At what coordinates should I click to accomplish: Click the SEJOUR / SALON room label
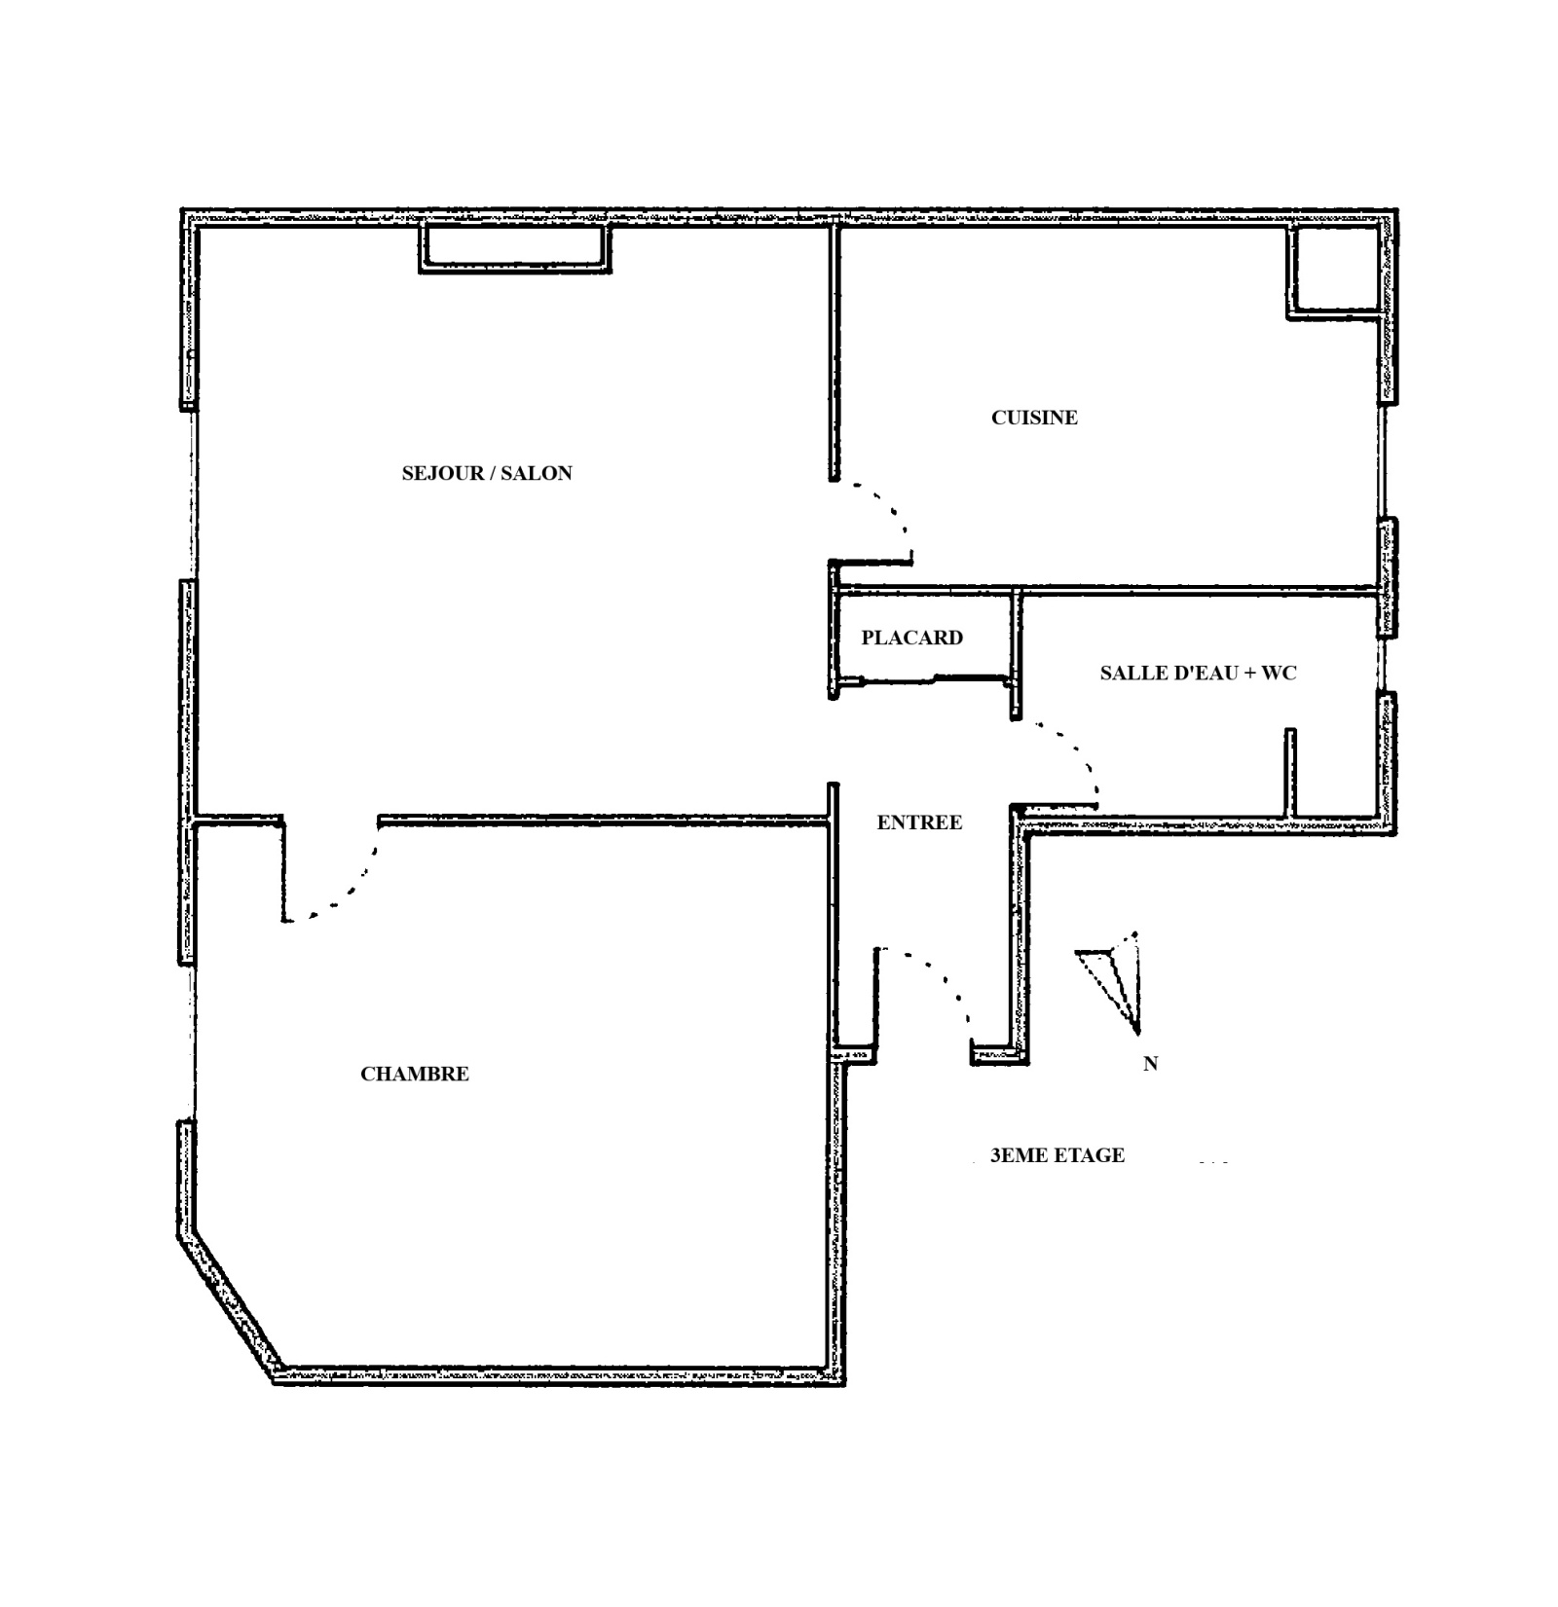coord(487,473)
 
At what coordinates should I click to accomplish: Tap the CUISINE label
coord(1034,418)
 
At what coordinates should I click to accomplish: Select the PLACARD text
coord(912,638)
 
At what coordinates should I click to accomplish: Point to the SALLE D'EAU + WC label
coord(1199,673)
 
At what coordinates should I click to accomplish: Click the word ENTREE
coord(919,822)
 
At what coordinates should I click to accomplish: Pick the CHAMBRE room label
coord(415,1074)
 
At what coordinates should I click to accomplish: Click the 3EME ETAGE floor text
coord(1057,1155)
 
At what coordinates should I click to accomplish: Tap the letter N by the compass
coord(1150,1064)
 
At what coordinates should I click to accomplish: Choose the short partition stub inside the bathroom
coord(1290,771)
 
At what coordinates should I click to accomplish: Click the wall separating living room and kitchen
coord(835,352)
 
